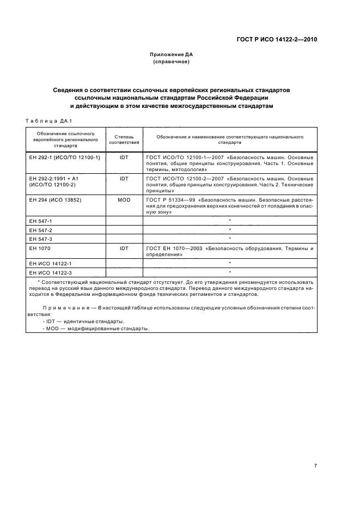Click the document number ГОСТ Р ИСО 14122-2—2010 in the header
[x=277, y=40]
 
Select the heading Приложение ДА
[x=172, y=54]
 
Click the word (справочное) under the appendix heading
[x=172, y=62]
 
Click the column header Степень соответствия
[x=124, y=139]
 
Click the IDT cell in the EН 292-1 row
[x=124, y=157]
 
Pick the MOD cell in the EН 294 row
[x=124, y=200]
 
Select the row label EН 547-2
[x=41, y=230]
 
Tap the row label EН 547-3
[x=41, y=239]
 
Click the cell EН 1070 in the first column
[x=39, y=248]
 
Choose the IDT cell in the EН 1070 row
[x=124, y=248]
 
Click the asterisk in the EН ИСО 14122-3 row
[x=230, y=272]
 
